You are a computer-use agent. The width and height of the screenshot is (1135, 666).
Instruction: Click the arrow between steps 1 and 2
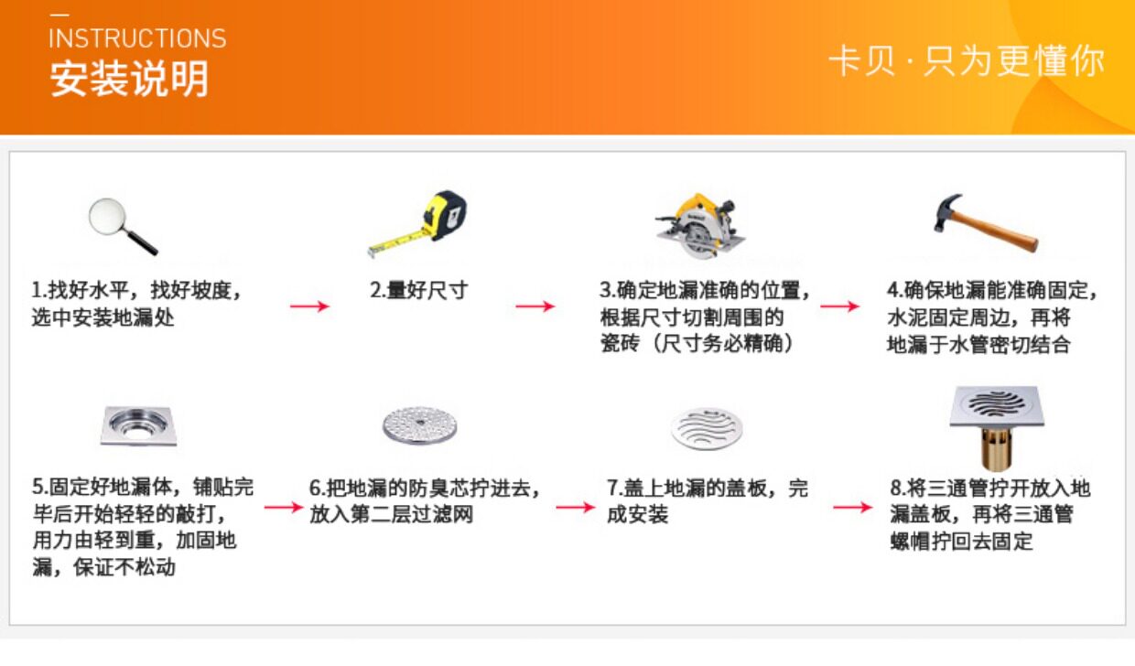coord(309,306)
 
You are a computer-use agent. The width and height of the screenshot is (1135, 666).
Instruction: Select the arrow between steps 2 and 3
coord(535,306)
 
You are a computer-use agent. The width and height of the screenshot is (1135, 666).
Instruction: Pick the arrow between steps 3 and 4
coord(839,306)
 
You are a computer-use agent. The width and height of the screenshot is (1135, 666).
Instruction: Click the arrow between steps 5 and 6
coord(282,507)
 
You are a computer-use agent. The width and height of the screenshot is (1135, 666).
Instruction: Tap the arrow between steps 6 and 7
coord(575,507)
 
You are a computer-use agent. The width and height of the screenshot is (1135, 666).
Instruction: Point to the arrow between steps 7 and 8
coord(852,507)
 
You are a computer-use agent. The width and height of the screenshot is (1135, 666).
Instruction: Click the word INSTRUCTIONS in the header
coord(137,38)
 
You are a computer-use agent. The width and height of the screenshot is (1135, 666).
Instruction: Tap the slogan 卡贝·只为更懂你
coord(967,61)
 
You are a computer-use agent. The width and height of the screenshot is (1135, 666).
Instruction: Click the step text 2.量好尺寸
coord(418,291)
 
